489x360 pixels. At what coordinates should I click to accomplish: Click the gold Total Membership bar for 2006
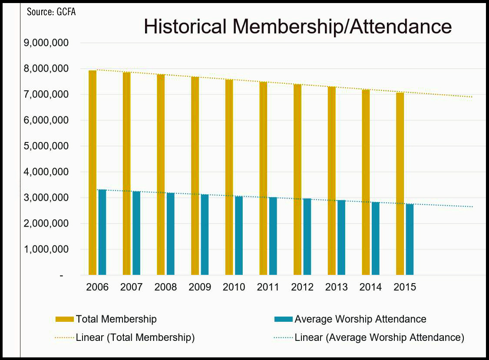coord(93,174)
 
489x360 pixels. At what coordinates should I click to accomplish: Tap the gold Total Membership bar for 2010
coord(229,178)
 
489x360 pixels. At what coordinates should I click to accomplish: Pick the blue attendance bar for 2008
coord(170,234)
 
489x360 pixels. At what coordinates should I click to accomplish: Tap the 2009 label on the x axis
coord(200,287)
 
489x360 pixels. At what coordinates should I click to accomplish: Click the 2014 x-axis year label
coord(370,287)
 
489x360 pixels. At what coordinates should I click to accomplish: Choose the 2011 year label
coord(268,287)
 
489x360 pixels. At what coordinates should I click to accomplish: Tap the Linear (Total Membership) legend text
coord(135,337)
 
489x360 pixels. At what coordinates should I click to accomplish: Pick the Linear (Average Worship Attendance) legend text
coord(379,337)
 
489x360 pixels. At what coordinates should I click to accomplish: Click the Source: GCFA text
coord(51,12)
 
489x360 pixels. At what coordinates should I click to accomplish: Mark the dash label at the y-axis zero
coord(61,276)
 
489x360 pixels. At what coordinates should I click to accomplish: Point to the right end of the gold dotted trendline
coord(471,97)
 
